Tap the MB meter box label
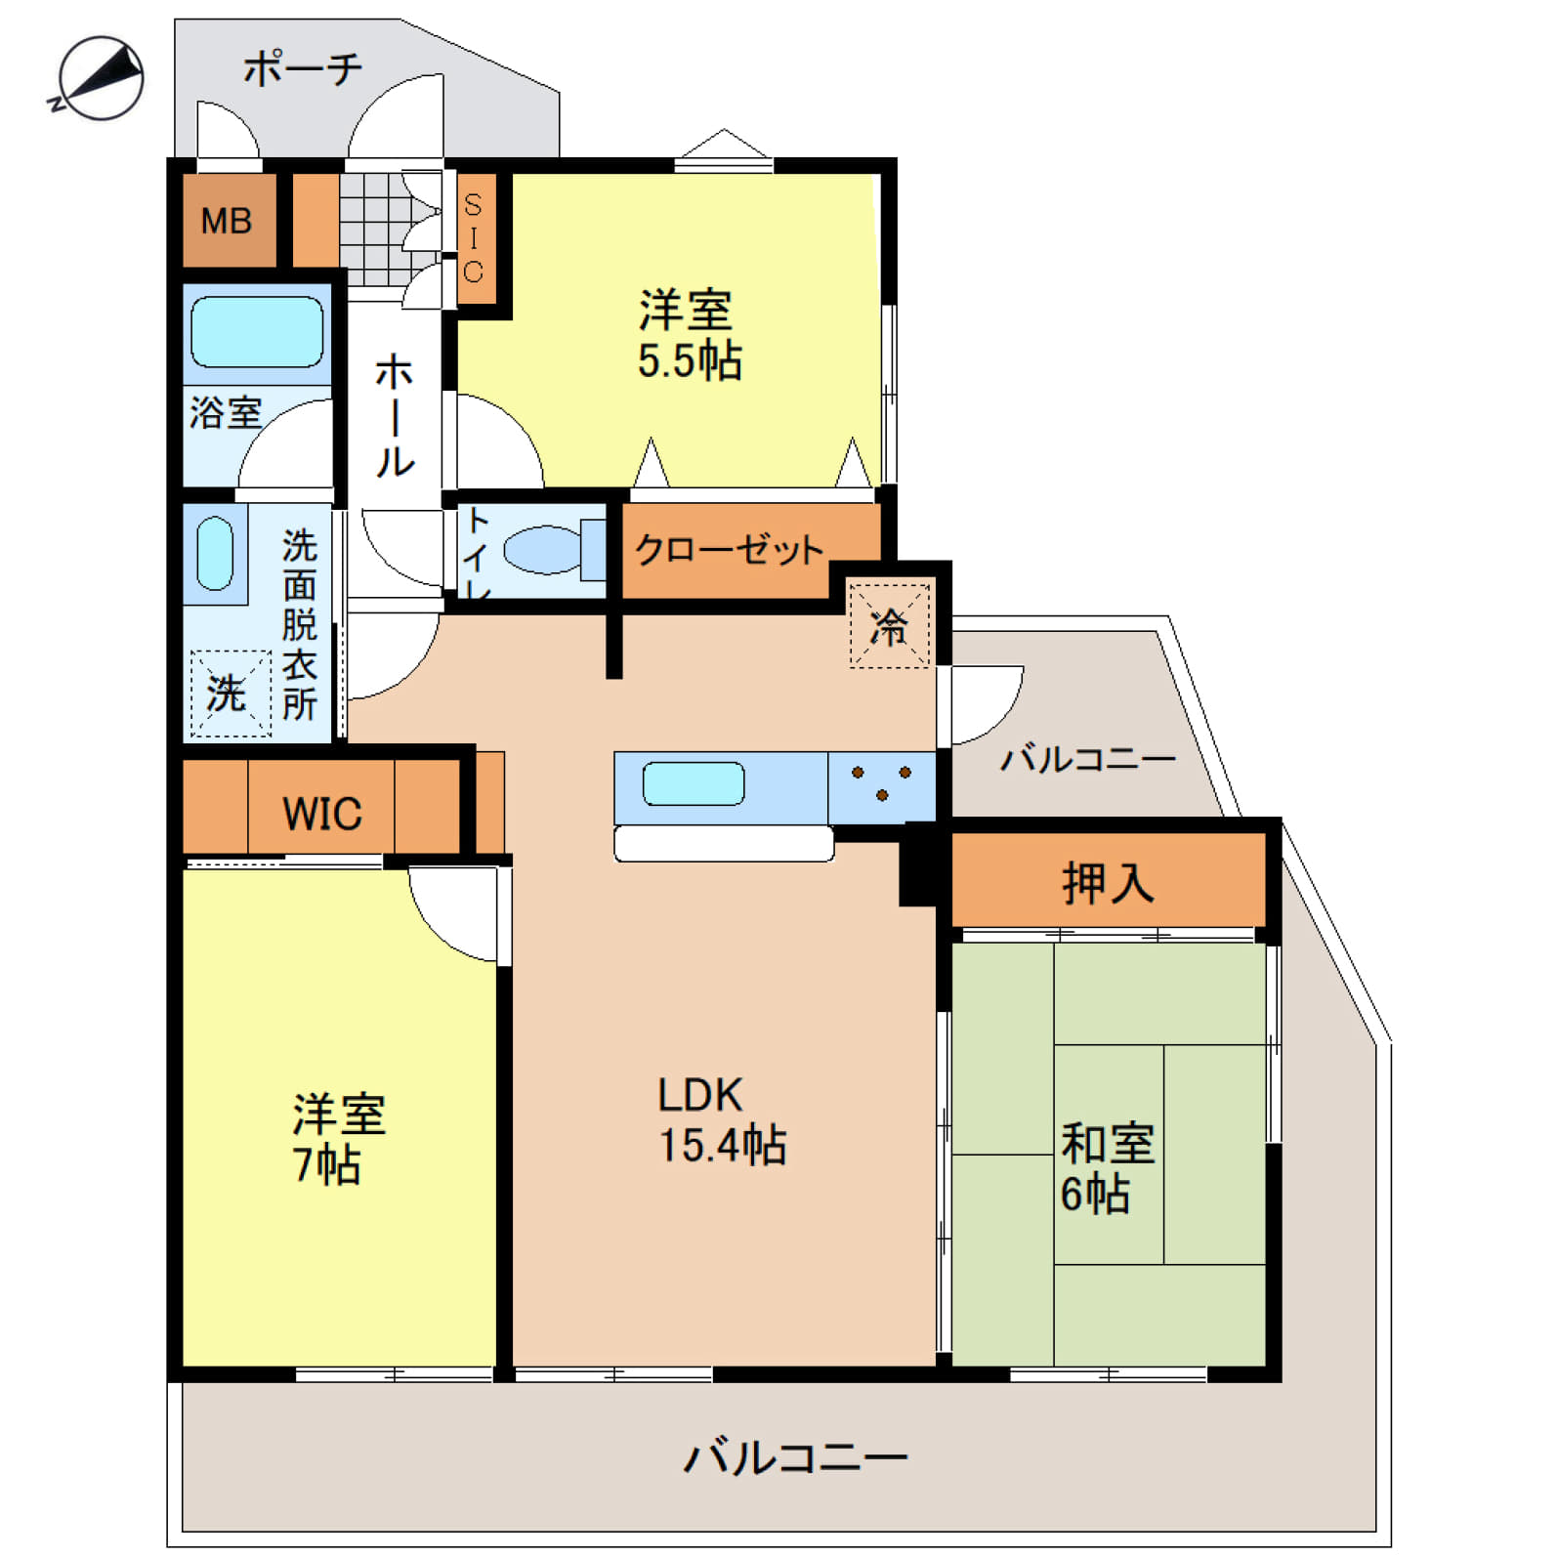coord(227,222)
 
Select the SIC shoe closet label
coord(473,238)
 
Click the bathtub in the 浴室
coord(257,332)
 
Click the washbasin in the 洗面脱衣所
coord(215,554)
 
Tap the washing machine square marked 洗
coord(231,694)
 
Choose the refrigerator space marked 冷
coord(889,626)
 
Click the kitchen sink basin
coord(694,783)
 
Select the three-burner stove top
coord(881,787)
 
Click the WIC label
coord(322,814)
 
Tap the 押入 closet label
coord(1108,883)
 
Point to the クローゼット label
coord(729,550)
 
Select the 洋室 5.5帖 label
coord(690,335)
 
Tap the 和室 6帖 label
coord(1108,1169)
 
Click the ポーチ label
coord(303,68)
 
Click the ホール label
coord(395,416)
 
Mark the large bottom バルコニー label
coord(796,1458)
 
